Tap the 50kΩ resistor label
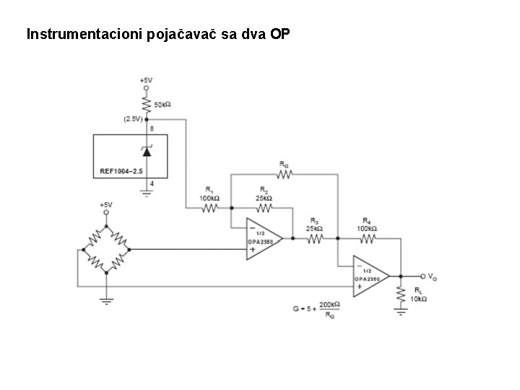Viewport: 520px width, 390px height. (162, 105)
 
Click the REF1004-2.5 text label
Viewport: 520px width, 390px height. (121, 171)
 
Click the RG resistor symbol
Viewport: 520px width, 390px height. (284, 174)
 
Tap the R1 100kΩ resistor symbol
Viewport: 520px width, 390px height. (209, 209)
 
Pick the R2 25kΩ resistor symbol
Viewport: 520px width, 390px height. (262, 209)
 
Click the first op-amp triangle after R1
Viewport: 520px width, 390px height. (261, 238)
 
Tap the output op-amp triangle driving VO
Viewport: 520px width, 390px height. (369, 276)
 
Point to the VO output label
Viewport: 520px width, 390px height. (431, 276)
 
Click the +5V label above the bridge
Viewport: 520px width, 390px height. (106, 205)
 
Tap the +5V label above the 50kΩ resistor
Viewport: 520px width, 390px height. (147, 79)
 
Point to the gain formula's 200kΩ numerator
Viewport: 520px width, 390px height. (330, 305)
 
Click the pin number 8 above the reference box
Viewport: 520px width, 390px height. (152, 128)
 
